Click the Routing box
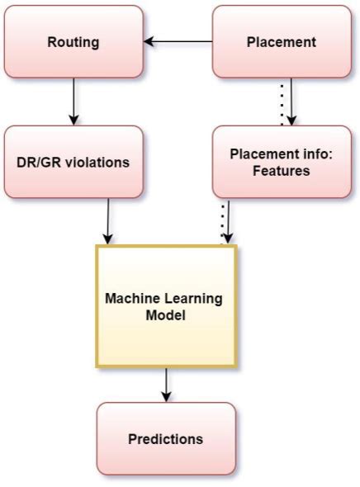click(73, 42)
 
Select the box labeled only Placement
click(282, 42)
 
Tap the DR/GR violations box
click(73, 162)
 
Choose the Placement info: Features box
click(282, 162)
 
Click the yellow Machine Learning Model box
click(166, 305)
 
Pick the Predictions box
click(166, 438)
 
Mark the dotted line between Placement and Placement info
click(282, 102)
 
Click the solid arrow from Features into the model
click(229, 221)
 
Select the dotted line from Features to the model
click(221, 221)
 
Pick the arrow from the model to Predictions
click(166, 384)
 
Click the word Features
click(282, 171)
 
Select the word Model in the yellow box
click(166, 314)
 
